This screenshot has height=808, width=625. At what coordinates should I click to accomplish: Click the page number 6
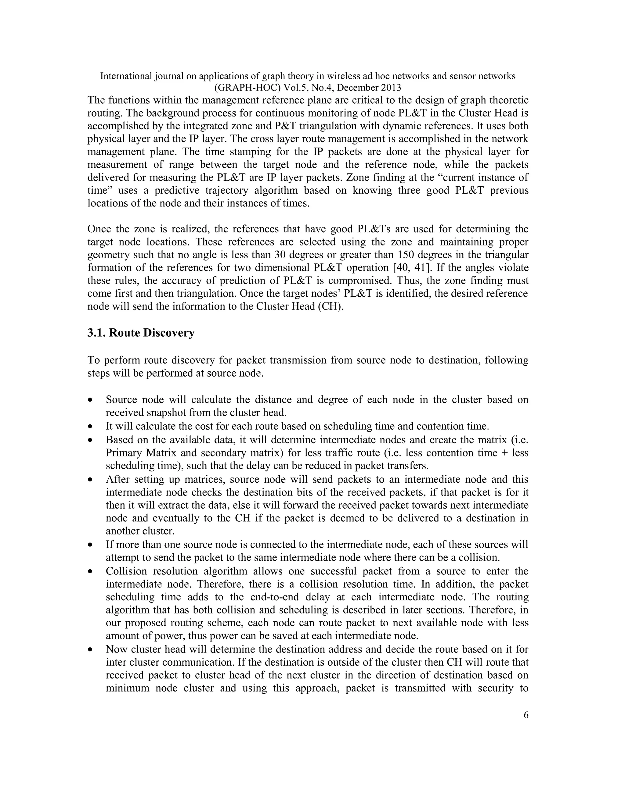tap(526, 715)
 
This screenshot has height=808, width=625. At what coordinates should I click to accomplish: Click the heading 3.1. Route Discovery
tap(141, 333)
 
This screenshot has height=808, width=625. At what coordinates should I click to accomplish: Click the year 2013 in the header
tap(390, 88)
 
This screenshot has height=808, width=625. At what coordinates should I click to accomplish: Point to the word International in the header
tap(126, 76)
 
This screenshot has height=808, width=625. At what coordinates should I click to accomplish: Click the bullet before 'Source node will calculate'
tap(90, 400)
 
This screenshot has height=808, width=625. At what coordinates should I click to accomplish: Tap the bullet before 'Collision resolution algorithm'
tap(90, 572)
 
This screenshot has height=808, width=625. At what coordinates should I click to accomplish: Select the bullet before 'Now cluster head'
tap(90, 650)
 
